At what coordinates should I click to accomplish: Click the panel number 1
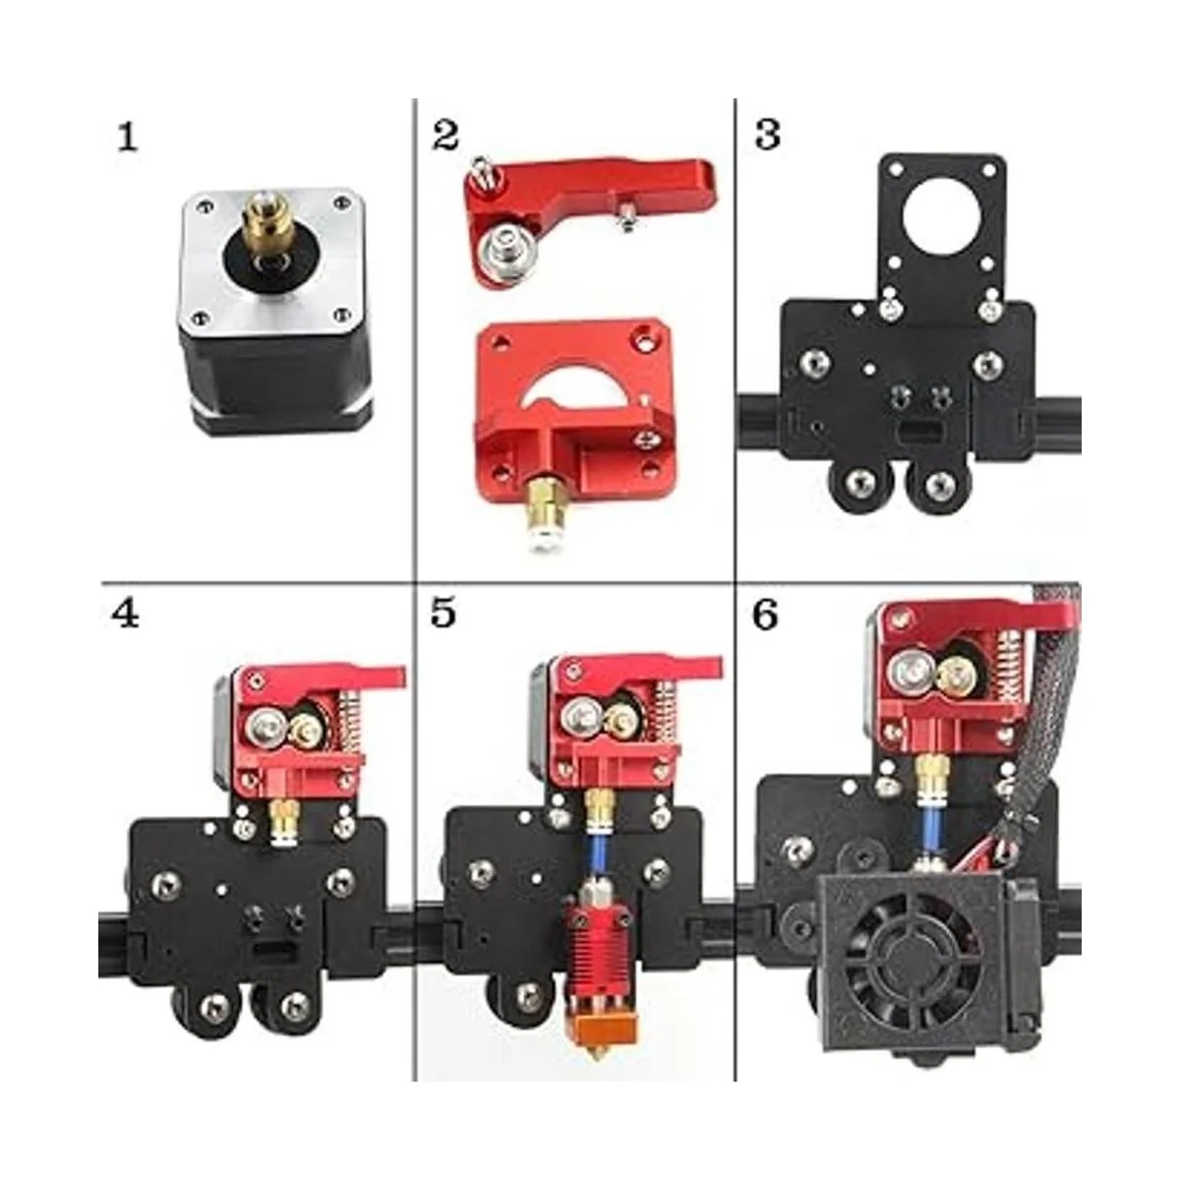tap(128, 137)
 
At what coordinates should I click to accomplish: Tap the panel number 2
tap(445, 136)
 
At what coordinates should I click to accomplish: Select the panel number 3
tap(768, 135)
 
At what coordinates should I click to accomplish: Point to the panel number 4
tap(125, 615)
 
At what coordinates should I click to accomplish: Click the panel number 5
tap(443, 614)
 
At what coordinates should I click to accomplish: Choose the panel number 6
tap(765, 615)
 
